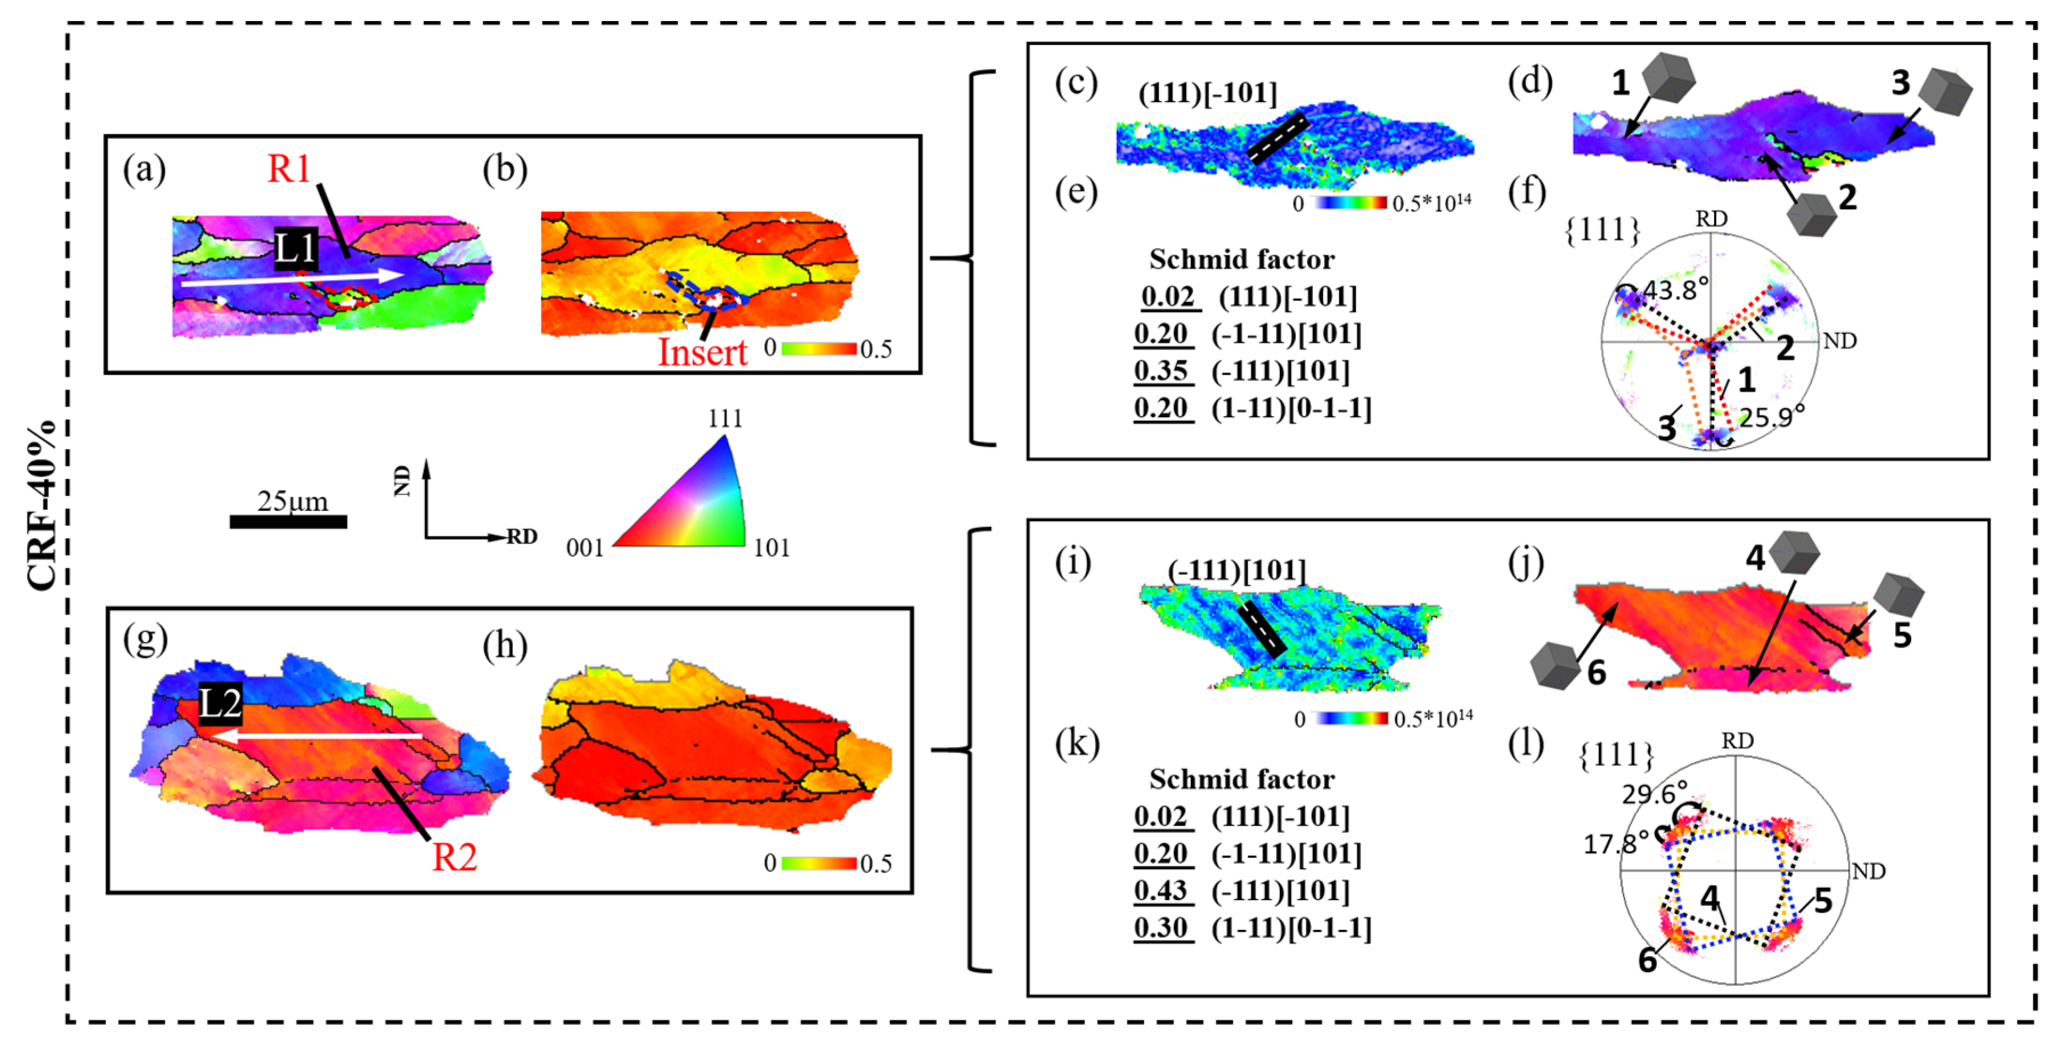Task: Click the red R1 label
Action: pyautogui.click(x=288, y=169)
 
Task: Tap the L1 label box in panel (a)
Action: pyautogui.click(x=296, y=249)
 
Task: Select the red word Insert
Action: pyautogui.click(x=702, y=352)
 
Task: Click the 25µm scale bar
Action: pyautogui.click(x=288, y=522)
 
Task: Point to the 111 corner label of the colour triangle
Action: pyautogui.click(x=725, y=418)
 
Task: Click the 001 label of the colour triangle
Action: pyautogui.click(x=585, y=548)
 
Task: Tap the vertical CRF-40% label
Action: pyautogui.click(x=42, y=505)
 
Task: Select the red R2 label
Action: pyautogui.click(x=454, y=857)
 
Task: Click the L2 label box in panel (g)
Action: pyautogui.click(x=219, y=704)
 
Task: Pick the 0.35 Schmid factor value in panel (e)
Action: pyautogui.click(x=1162, y=371)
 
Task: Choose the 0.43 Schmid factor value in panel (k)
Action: pyautogui.click(x=1162, y=891)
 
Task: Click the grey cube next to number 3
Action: pyautogui.click(x=1946, y=92)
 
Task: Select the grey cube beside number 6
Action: pyautogui.click(x=1554, y=665)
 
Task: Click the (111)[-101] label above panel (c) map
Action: pyautogui.click(x=1207, y=93)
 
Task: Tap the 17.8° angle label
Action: pyautogui.click(x=1615, y=844)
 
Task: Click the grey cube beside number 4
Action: pyautogui.click(x=1794, y=551)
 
